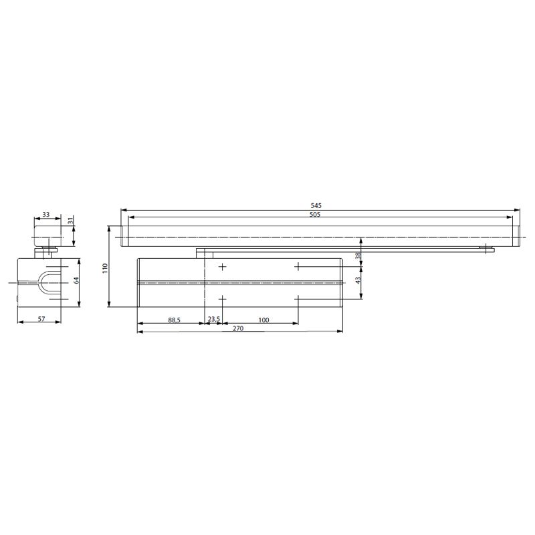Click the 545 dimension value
coord(316,206)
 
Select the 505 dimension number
coord(315,215)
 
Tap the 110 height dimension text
coord(105,268)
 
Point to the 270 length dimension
coord(238,328)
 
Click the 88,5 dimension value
coord(174,320)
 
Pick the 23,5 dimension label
coord(214,320)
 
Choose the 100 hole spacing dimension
coord(263,320)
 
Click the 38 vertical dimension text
coord(358,255)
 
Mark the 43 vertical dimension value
coord(358,280)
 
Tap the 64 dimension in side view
coord(76,280)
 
